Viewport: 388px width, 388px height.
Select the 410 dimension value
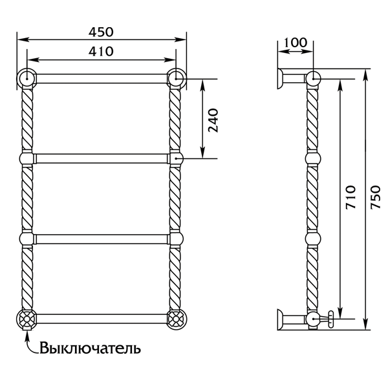pyautogui.click(x=101, y=50)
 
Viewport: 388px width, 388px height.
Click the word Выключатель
pyautogui.click(x=90, y=349)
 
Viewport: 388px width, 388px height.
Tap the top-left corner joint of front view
pyautogui.click(x=27, y=78)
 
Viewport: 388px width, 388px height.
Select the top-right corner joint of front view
pyautogui.click(x=176, y=78)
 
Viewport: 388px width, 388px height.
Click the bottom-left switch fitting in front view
pyautogui.click(x=27, y=319)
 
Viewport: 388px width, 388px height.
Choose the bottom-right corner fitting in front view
pyautogui.click(x=176, y=319)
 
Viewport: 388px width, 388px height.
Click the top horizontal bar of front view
pyautogui.click(x=102, y=78)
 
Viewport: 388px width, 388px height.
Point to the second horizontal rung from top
pyautogui.click(x=102, y=158)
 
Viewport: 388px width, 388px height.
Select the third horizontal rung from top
pyautogui.click(x=102, y=237)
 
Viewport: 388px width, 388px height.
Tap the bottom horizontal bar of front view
pyautogui.click(x=102, y=318)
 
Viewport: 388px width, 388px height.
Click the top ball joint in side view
pyautogui.click(x=313, y=78)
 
